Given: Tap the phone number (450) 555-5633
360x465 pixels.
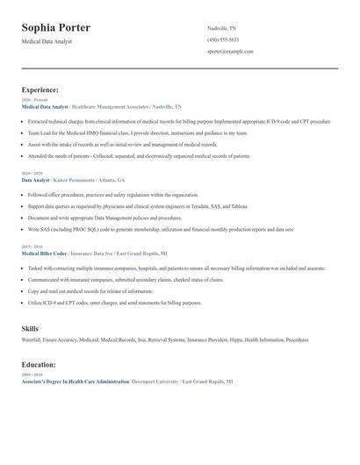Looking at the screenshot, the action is (x=223, y=40).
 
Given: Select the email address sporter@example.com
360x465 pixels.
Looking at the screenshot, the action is (x=230, y=52).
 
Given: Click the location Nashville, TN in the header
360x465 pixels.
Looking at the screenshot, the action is (x=221, y=29).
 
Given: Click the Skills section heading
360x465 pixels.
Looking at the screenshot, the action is (x=30, y=328).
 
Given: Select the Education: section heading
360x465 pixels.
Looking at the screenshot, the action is (x=39, y=363).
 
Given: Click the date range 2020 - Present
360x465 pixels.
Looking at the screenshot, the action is (x=32, y=100).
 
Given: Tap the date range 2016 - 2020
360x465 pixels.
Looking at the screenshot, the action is (x=31, y=174).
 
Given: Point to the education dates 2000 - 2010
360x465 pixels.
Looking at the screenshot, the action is (x=31, y=374).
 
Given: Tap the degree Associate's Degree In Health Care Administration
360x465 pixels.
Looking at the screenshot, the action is (x=75, y=383).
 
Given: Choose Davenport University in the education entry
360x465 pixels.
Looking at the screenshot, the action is (x=155, y=383).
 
